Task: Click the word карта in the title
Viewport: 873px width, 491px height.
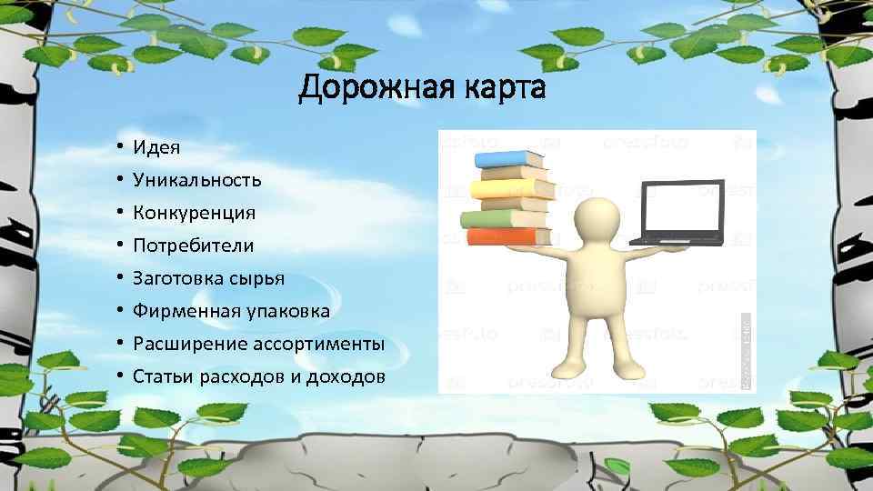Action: tap(505, 89)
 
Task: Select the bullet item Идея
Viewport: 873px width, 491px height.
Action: tap(156, 146)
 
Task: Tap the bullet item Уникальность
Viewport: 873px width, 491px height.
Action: tap(197, 179)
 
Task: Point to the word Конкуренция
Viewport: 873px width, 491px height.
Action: tap(194, 213)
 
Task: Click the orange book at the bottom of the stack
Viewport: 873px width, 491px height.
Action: tap(507, 236)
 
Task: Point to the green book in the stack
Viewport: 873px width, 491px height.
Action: tap(503, 217)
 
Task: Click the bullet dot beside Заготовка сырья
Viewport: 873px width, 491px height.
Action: tap(119, 279)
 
